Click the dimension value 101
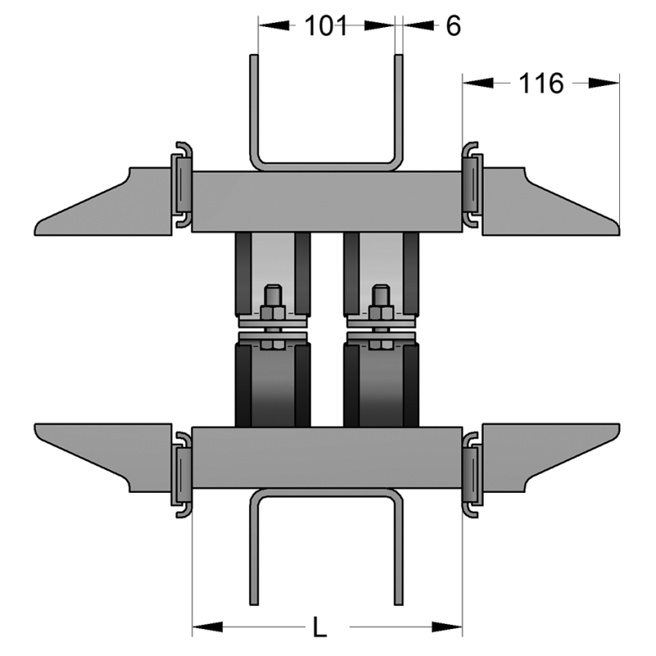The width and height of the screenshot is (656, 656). click(326, 25)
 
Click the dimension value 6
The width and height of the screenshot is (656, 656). click(453, 25)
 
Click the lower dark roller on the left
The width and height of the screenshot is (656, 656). click(273, 385)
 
